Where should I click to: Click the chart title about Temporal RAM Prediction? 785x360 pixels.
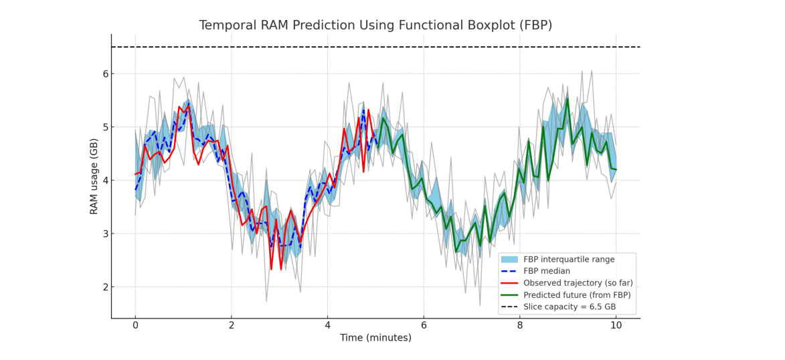(375, 25)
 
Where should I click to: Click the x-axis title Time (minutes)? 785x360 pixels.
(375, 338)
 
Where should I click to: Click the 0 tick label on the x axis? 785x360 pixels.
(135, 325)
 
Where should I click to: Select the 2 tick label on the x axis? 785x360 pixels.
(232, 325)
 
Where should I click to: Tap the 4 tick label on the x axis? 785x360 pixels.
(327, 325)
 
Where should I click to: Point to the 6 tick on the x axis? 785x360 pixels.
(424, 325)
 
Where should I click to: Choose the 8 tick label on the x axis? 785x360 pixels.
(520, 325)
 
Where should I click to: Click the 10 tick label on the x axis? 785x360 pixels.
(616, 325)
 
